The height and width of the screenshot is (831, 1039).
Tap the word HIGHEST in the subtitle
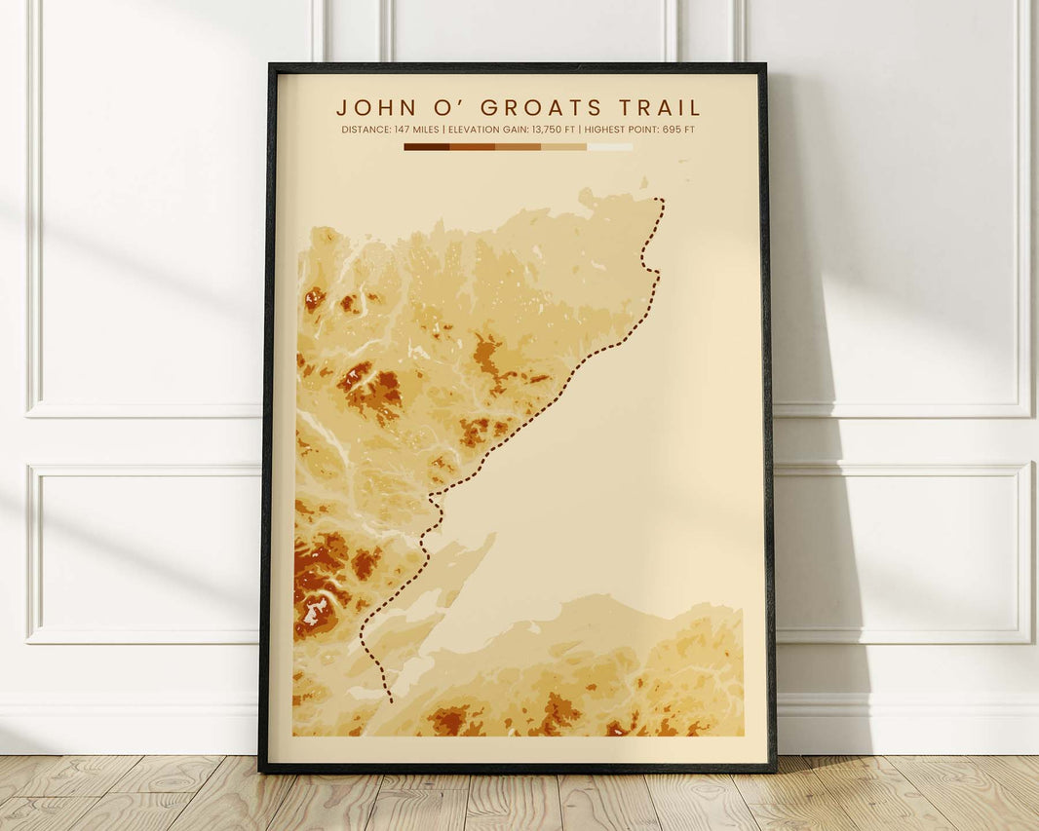coord(603,130)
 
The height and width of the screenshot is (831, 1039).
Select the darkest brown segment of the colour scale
coord(426,147)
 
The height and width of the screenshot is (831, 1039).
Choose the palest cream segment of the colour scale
coord(609,147)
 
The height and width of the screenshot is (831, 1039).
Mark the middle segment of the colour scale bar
coord(518,147)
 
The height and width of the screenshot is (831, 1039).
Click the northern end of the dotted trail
coord(660,201)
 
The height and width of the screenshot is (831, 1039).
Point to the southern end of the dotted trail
coord(392,700)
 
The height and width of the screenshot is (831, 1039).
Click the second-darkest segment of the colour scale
coord(472,147)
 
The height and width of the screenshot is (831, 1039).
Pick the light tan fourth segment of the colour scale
coord(563,147)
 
